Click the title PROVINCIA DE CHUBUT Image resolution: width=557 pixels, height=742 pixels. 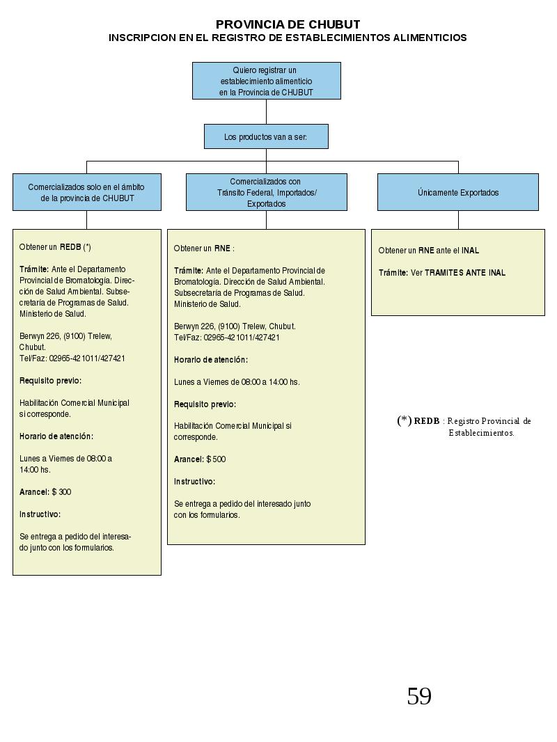coord(288,24)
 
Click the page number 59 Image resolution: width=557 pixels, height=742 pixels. coord(419,696)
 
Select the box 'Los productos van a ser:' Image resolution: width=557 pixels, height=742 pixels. coord(266,136)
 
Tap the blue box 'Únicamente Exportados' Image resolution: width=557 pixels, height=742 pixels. coord(458,192)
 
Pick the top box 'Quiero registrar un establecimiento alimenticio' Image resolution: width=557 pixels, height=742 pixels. coord(267,81)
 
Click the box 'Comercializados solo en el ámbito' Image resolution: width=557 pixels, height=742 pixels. coord(87,192)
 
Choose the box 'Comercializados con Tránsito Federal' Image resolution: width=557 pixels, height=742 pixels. coord(267,192)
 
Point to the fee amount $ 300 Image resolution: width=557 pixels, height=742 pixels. coord(61,492)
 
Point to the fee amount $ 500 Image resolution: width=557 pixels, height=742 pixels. coord(217,459)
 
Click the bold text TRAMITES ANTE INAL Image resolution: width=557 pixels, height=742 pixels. coord(465,273)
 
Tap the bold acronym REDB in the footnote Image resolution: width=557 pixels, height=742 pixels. coord(427,420)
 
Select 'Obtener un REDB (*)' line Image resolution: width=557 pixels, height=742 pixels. coord(55,247)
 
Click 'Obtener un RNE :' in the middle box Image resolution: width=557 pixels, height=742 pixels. coord(204,248)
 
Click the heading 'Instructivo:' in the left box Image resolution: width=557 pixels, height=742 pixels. coord(40,514)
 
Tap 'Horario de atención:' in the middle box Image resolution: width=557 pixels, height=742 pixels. coord(210,360)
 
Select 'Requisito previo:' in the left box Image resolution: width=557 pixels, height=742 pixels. coord(50,381)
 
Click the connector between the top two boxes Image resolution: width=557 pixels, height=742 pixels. coord(267,111)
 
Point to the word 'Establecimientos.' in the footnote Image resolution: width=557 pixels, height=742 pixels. coord(481,433)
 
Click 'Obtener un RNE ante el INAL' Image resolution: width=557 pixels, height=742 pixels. coord(429,251)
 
